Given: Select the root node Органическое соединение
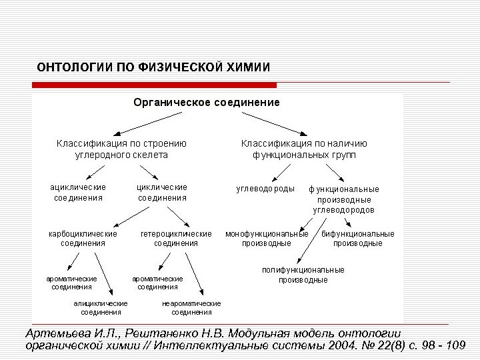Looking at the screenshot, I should (x=207, y=103).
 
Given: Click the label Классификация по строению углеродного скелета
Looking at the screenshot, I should (x=121, y=149).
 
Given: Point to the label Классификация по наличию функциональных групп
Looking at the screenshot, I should (x=304, y=149).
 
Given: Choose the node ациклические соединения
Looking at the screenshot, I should (x=79, y=193).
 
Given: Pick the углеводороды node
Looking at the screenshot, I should (x=265, y=189).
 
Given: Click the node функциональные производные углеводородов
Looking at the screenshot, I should (x=344, y=199).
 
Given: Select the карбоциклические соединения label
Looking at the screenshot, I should (x=83, y=239).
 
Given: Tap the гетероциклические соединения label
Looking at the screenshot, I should (x=176, y=239).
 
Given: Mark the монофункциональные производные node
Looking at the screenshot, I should (x=267, y=239).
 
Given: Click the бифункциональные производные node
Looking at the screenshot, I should (x=358, y=239).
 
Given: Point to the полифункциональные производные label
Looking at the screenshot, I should (x=303, y=275).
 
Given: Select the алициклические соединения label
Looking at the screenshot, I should (x=101, y=307).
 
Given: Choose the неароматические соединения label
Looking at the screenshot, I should (x=191, y=307).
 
